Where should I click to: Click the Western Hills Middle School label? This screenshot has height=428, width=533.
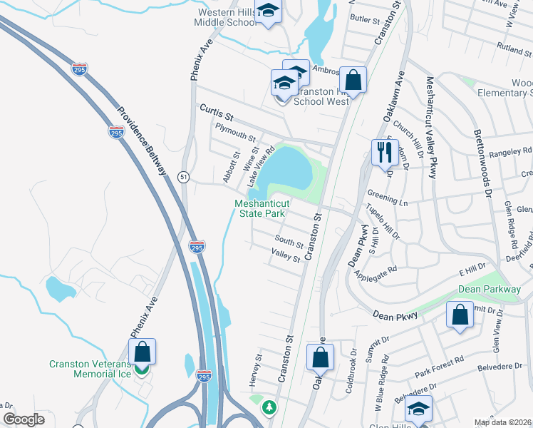pyautogui.click(x=227, y=18)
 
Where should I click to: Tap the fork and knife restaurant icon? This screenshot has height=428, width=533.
pyautogui.click(x=384, y=152)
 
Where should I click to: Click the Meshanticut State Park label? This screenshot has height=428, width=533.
pyautogui.click(x=260, y=208)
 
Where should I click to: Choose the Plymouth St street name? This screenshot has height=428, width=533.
pyautogui.click(x=235, y=135)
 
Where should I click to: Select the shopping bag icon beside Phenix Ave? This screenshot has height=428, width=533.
pyautogui.click(x=143, y=352)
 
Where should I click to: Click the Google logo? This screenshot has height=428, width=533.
pyautogui.click(x=24, y=419)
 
